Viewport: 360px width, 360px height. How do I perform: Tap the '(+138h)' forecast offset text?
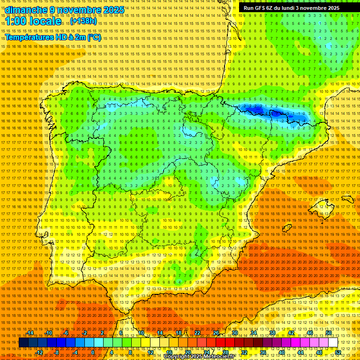84,21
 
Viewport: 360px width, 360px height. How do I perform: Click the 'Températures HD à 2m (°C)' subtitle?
53,37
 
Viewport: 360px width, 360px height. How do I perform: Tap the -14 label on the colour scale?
30,333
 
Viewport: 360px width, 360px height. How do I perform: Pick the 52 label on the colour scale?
338,352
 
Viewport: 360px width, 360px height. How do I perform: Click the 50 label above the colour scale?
329,333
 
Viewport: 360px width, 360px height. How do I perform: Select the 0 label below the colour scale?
93,352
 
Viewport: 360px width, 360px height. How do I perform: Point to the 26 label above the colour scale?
216,333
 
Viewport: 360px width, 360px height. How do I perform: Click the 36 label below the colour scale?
263,352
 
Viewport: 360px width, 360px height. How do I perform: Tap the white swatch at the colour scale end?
333,343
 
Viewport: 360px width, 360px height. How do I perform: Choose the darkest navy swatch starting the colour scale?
23,343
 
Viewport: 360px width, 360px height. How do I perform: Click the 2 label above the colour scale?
102,333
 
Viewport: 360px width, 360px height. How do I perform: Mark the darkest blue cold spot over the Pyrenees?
277,113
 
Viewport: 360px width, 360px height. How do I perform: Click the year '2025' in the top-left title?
113,10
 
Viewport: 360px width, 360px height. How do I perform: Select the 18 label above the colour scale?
179,333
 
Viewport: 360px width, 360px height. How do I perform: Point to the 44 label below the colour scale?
300,352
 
